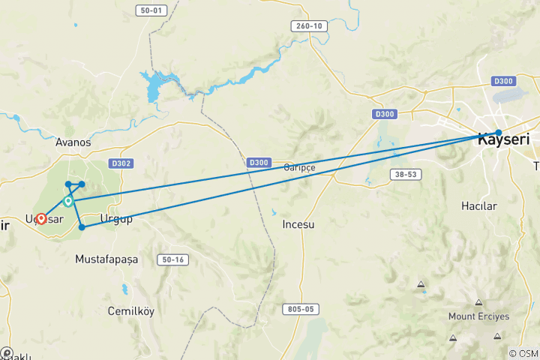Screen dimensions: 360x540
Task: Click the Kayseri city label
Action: tap(505, 139)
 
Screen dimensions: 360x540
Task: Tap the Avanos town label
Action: tap(73, 142)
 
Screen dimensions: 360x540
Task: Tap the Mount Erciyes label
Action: tap(472, 316)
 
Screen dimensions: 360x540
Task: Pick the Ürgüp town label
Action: tap(116, 219)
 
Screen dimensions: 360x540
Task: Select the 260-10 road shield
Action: tap(308, 26)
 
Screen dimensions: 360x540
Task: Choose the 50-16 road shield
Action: tap(171, 259)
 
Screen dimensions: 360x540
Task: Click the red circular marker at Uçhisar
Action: tap(41, 218)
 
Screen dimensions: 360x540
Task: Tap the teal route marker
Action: tap(68, 201)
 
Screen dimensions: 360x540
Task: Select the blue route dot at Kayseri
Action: tap(499, 133)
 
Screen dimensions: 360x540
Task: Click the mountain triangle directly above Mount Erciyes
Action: tap(478, 301)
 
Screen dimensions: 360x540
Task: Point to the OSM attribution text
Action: tap(523, 353)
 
